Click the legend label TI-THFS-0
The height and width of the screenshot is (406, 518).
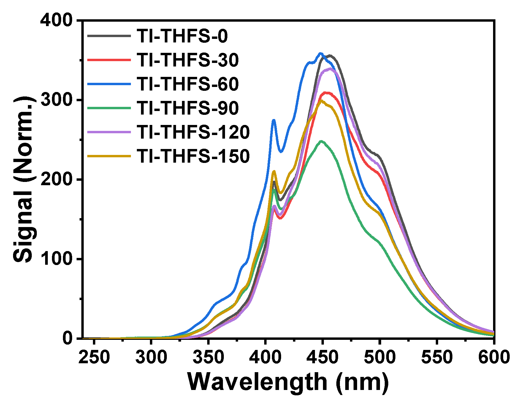tap(182, 36)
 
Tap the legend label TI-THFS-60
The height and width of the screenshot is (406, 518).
tap(188, 84)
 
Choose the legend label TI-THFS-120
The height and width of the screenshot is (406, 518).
tap(193, 132)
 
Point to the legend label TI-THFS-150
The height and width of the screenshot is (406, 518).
tap(193, 156)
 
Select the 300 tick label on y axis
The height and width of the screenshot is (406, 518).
tap(56, 100)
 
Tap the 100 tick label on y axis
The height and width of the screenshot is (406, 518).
tap(56, 259)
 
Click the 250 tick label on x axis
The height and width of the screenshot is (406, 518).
tap(94, 357)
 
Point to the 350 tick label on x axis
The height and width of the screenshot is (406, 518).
tap(208, 357)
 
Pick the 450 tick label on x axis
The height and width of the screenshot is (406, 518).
tap(322, 357)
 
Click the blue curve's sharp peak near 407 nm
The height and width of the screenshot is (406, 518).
tap(274, 120)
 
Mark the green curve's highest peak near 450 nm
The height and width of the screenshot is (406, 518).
tap(321, 141)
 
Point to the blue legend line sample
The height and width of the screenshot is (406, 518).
tap(109, 84)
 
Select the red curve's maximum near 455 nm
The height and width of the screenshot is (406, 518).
tap(327, 93)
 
